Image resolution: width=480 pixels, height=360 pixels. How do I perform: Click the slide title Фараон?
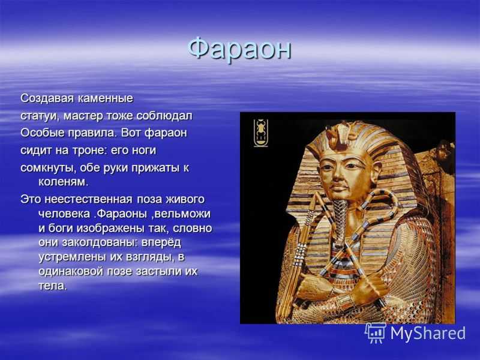pyautogui.click(x=239, y=49)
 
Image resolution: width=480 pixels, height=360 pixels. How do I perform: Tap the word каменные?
pyautogui.click(x=106, y=98)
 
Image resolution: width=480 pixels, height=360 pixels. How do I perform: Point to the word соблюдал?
pyautogui.click(x=164, y=116)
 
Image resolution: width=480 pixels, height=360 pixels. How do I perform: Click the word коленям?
pyautogui.click(x=64, y=182)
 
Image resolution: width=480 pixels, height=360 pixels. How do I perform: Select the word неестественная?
pyautogui.click(x=89, y=200)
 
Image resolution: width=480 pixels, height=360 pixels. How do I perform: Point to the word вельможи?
pyautogui.click(x=182, y=214)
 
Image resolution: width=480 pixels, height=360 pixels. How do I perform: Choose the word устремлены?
pyautogui.click(x=72, y=257)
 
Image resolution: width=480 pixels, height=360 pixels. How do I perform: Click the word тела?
pyautogui.click(x=53, y=286)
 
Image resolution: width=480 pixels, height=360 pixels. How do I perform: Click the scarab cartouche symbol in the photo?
pyautogui.click(x=261, y=133)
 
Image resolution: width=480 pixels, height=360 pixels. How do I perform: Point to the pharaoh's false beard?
pyautogui.click(x=339, y=218)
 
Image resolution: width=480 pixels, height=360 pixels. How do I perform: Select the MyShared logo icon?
pyautogui.click(x=375, y=333)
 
